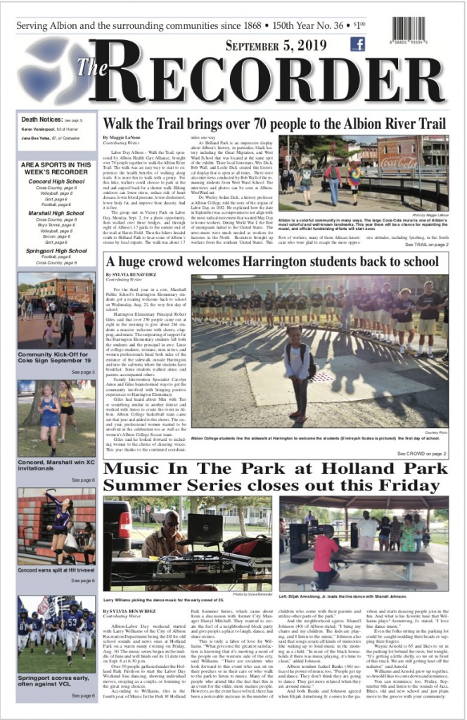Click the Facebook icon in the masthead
(x=357, y=44)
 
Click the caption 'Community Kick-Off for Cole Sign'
(x=55, y=357)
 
